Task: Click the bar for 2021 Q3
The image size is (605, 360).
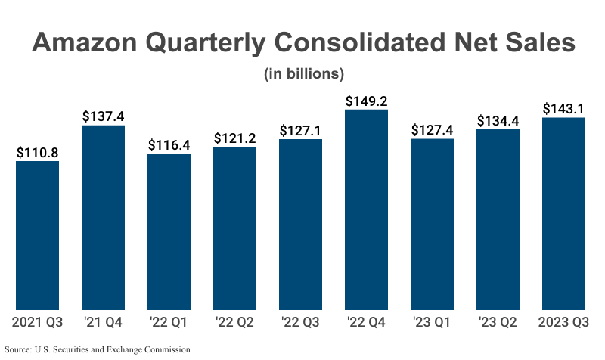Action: click(x=37, y=235)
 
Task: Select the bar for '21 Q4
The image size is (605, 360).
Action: click(x=103, y=218)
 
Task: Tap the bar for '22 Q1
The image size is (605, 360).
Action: click(x=169, y=231)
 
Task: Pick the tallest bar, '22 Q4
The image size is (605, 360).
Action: click(x=366, y=209)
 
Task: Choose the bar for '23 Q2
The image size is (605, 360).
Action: click(x=498, y=219)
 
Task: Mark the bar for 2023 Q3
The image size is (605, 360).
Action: click(x=563, y=213)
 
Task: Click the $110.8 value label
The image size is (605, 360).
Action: click(x=37, y=153)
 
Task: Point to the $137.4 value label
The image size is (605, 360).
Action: click(x=103, y=116)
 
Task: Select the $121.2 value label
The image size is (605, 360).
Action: click(x=234, y=138)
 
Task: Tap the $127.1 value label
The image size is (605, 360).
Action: click(x=300, y=130)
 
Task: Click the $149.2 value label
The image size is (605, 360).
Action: click(x=366, y=101)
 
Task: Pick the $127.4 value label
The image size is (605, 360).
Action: click(x=432, y=130)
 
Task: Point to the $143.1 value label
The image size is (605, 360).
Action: click(x=563, y=109)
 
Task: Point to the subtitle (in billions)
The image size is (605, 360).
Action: click(x=304, y=74)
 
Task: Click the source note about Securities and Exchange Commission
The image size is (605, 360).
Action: click(x=98, y=349)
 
